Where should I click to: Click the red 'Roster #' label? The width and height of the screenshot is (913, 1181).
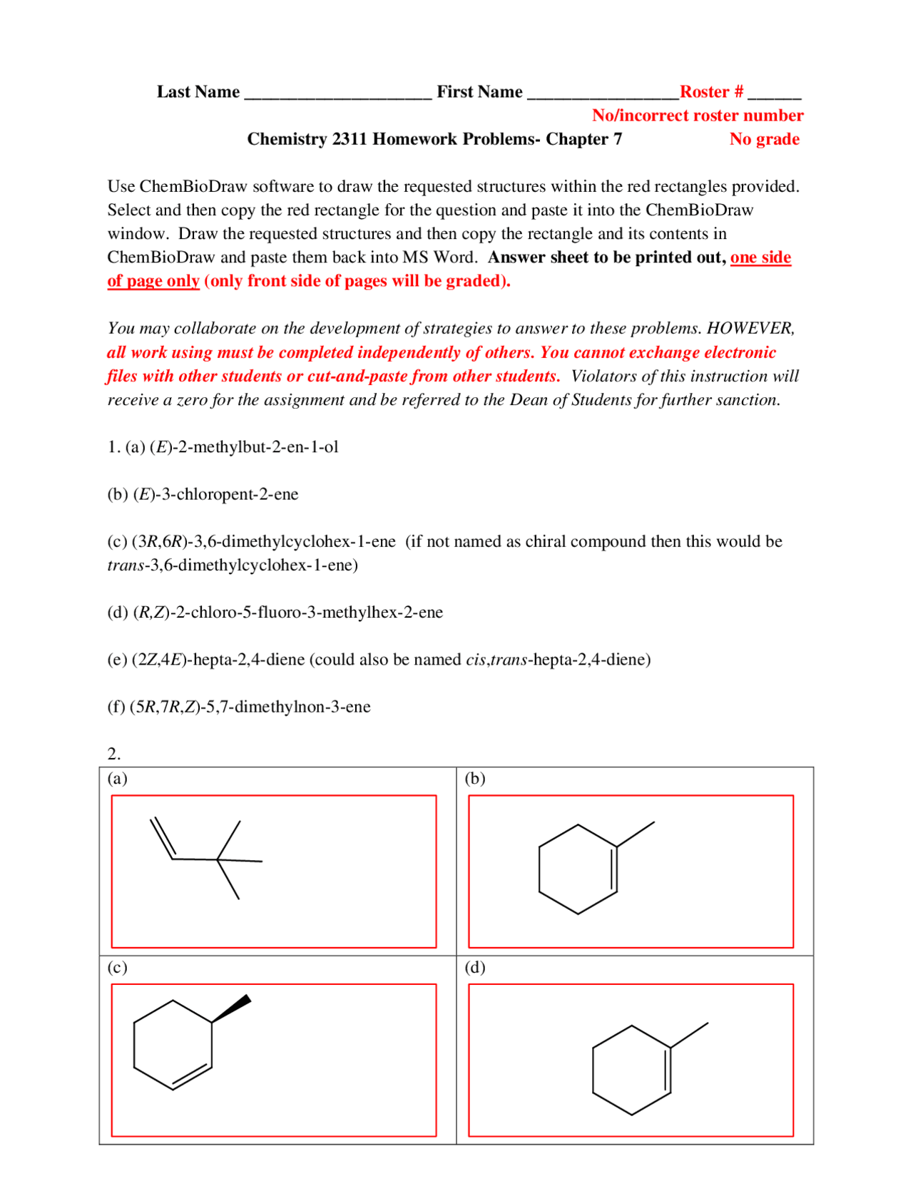[710, 92]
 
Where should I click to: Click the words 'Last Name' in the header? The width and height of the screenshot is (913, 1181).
[198, 92]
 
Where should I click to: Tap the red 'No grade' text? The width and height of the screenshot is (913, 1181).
[763, 139]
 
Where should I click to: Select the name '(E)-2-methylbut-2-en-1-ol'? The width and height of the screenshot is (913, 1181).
[244, 447]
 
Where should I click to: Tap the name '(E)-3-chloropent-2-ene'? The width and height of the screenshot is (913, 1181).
[216, 494]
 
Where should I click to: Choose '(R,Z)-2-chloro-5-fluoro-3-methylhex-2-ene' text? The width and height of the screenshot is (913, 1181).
[288, 612]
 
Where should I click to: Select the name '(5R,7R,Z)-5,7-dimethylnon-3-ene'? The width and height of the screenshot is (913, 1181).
[250, 707]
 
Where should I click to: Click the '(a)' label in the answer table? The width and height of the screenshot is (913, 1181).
[117, 778]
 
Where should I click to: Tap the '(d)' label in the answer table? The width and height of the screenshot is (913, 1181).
[474, 967]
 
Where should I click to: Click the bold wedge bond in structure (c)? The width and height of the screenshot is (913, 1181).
[233, 1009]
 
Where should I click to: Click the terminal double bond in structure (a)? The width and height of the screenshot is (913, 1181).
[163, 839]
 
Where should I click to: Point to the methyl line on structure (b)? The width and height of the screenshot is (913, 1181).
[636, 834]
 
